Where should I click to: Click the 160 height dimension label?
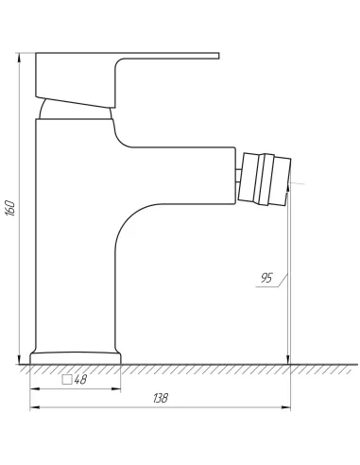coord(10,208)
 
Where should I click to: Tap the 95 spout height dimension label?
coord(266,278)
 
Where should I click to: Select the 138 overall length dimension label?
coord(161,398)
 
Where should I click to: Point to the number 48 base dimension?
coord(80,380)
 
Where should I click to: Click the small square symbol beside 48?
coord(67,380)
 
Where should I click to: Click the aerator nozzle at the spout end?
coord(265,180)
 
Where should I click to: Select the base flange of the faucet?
coord(76,358)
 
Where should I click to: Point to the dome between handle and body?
coord(76,110)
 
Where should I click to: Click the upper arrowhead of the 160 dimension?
coord(20,57)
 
